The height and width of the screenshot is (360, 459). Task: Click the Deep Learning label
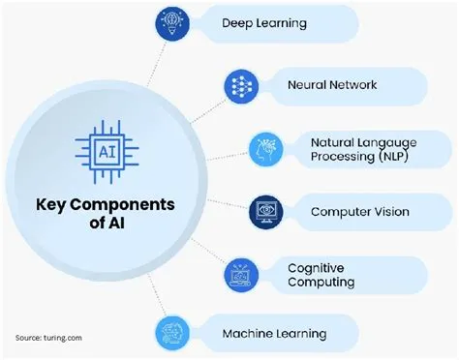[264, 22]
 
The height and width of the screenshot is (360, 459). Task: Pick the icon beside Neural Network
[242, 84]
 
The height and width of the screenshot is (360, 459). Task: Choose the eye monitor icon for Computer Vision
[265, 210]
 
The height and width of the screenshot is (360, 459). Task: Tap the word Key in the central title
[54, 206]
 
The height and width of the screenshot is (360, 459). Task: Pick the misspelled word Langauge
[389, 141]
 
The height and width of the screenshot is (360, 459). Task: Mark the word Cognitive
[316, 267]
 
